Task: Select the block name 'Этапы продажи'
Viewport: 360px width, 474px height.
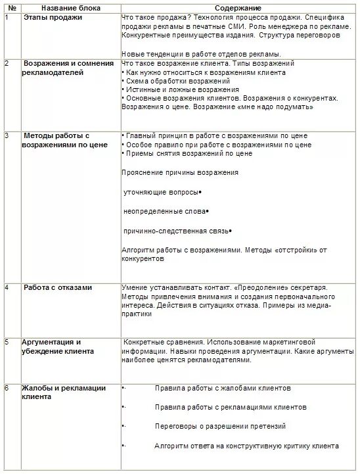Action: [x=53, y=17]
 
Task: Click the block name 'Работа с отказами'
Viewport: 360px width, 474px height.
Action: [x=58, y=287]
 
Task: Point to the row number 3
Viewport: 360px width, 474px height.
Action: [x=7, y=135]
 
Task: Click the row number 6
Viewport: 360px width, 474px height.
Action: [x=7, y=388]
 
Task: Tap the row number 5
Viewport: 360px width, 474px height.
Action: [x=7, y=342]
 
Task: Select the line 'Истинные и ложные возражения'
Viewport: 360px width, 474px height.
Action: [x=180, y=89]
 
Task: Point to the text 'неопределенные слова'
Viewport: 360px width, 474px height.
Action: [x=164, y=212]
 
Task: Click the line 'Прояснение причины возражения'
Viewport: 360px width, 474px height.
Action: [x=180, y=172]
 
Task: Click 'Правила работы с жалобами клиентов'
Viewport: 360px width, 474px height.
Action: [x=223, y=388]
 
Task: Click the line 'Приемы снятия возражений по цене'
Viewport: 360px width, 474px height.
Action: [x=188, y=153]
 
